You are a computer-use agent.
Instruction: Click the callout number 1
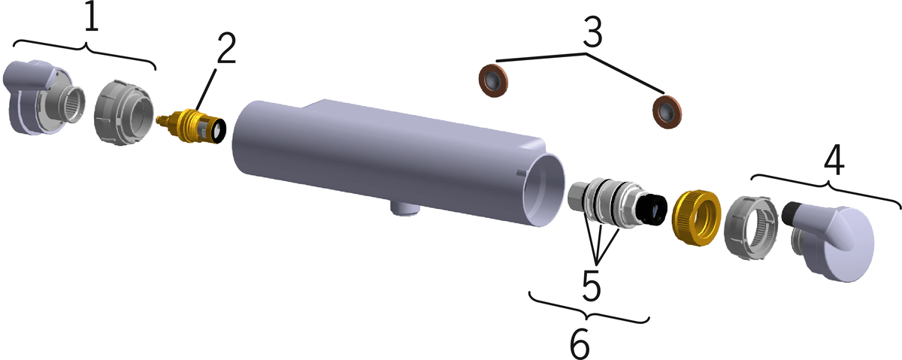tap(92, 18)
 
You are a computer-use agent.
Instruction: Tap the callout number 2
tap(226, 48)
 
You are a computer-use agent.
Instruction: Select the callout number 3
tap(593, 32)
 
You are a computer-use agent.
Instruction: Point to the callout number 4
tap(834, 161)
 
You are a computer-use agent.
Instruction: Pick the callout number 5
tap(591, 285)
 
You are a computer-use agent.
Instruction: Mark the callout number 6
tap(580, 345)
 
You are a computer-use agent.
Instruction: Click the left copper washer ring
tap(493, 80)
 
